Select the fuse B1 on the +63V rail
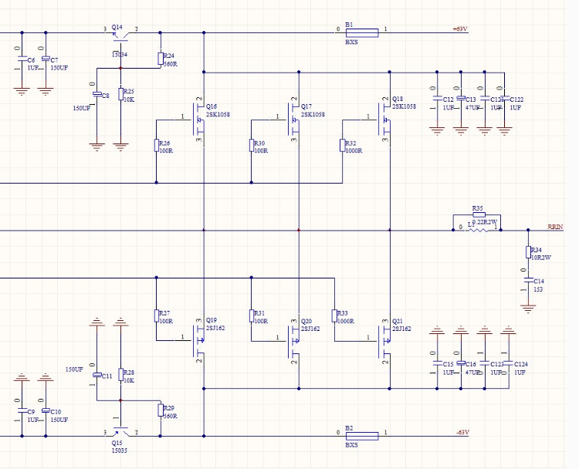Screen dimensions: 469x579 tap(361, 32)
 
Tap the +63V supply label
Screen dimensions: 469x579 tap(461, 29)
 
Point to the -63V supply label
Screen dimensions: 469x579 tap(462, 432)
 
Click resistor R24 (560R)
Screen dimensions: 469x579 tap(161, 59)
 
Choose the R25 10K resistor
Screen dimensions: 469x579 tap(120, 93)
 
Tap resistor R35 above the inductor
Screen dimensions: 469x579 tap(479, 215)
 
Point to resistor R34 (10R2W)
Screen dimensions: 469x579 tap(528, 252)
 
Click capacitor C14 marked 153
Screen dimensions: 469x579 tap(528, 283)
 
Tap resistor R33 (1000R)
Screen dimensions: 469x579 tap(334, 315)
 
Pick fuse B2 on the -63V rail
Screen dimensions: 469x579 tap(361, 436)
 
